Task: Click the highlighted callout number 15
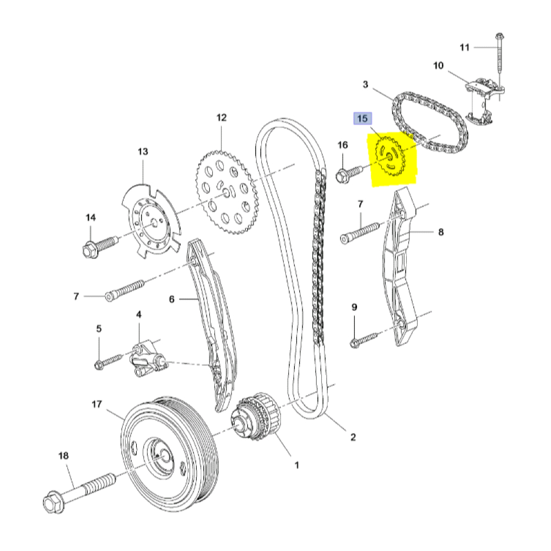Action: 363,118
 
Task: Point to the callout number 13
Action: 143,151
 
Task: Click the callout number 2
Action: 353,437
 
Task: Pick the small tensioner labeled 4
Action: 147,360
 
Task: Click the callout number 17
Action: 96,404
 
